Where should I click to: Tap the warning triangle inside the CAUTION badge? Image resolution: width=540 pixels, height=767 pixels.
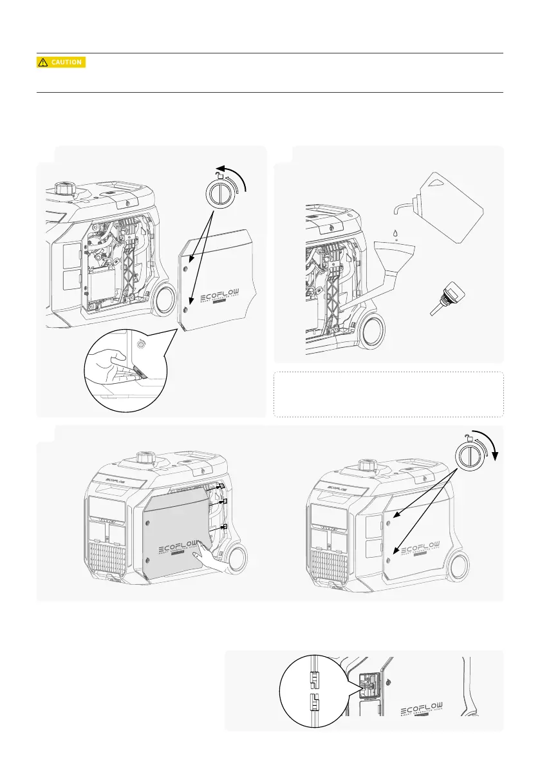point(42,62)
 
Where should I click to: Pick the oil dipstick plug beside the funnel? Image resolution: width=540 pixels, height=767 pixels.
point(445,298)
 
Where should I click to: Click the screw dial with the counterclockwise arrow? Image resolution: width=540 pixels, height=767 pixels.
point(219,193)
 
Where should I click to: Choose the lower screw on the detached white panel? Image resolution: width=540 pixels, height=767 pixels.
point(185,310)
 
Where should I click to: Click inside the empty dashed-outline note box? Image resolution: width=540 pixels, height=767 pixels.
point(388,394)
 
